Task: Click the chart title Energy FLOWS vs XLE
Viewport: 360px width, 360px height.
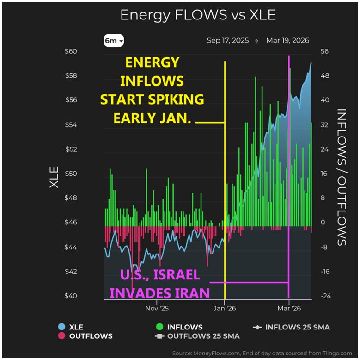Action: tap(197, 15)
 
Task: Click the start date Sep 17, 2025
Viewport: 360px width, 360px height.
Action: tap(227, 41)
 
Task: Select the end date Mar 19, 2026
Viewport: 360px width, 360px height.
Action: tap(287, 41)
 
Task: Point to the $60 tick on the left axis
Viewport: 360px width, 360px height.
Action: tap(71, 51)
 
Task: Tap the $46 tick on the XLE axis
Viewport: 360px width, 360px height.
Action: tap(71, 223)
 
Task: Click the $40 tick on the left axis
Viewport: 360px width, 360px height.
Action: tap(71, 296)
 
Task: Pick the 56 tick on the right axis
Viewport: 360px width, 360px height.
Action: tap(325, 51)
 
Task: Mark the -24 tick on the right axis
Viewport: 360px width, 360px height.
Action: tap(326, 296)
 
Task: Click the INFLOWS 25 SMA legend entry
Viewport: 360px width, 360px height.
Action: tap(291, 328)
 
